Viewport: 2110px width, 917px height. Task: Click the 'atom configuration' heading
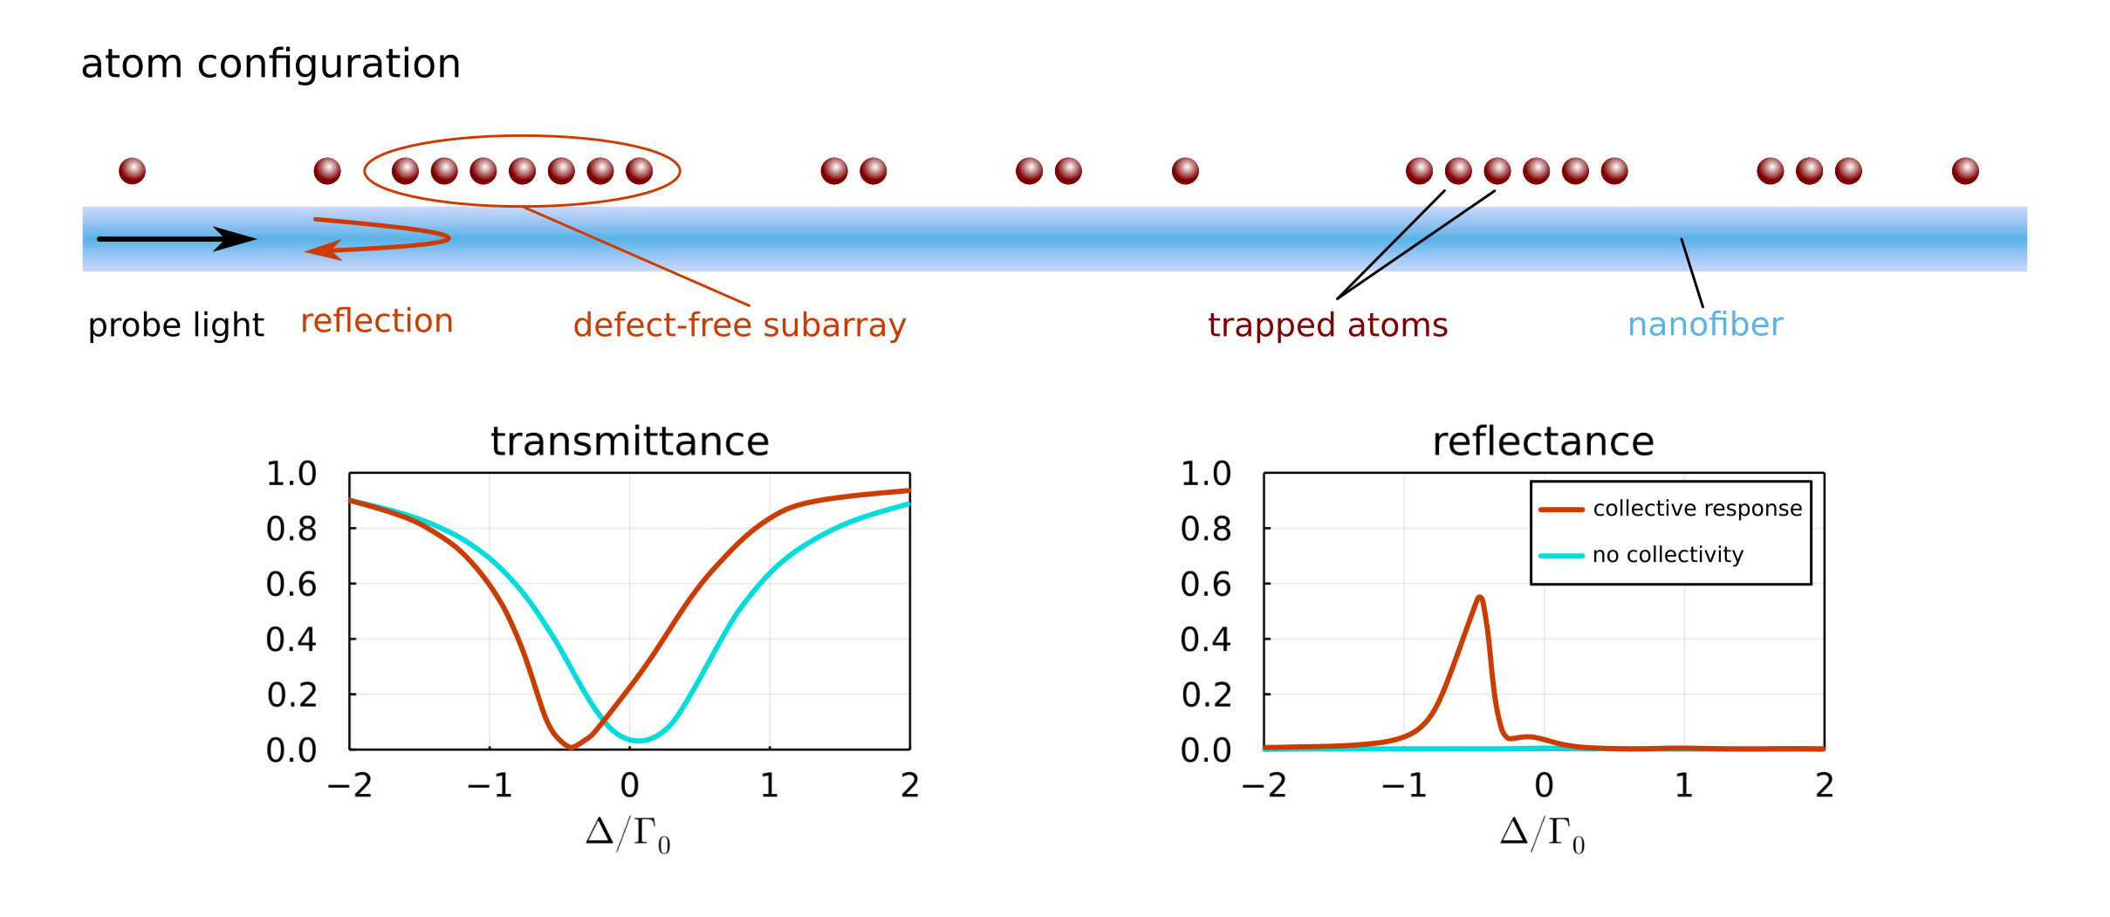coord(271,65)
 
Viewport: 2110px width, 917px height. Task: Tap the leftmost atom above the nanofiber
coord(133,171)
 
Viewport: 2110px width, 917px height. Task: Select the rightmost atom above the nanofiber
coord(1965,171)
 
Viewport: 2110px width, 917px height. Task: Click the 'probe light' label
coord(176,325)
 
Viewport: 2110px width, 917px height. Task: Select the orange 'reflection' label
coord(377,321)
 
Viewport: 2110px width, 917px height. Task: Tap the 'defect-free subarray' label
coord(740,325)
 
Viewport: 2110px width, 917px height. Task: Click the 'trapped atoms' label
coord(1328,325)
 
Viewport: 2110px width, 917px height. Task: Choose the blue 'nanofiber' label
coord(1706,325)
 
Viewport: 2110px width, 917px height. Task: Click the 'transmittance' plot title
coord(630,441)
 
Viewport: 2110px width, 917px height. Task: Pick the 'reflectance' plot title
coord(1544,441)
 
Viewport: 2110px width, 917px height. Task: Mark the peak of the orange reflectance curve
coord(1480,598)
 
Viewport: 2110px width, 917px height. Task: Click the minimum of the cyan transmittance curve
coord(639,741)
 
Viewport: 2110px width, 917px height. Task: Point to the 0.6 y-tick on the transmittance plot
coord(291,584)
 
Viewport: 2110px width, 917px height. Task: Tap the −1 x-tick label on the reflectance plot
coord(1404,786)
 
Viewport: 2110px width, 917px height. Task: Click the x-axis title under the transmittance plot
coord(628,835)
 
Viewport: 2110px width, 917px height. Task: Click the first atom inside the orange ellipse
coord(405,171)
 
